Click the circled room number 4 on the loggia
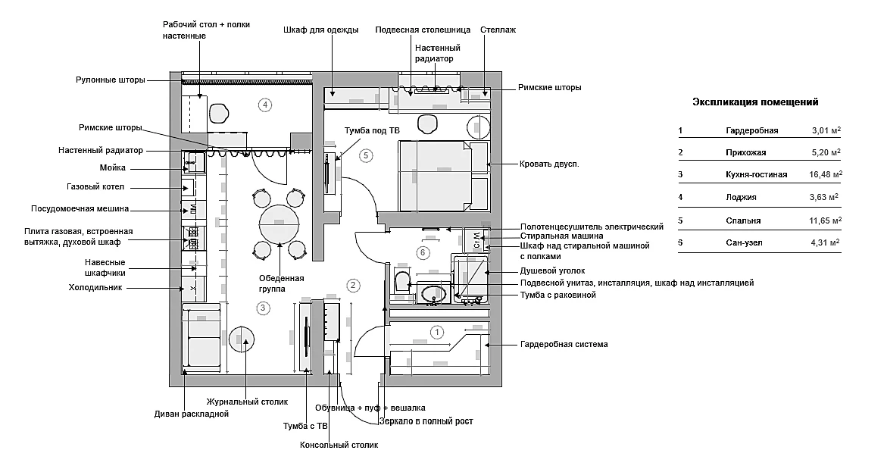[264, 105]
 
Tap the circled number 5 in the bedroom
[365, 155]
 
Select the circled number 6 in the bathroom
[423, 253]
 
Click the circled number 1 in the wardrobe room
[437, 332]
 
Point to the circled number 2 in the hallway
[353, 285]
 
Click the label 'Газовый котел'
[95, 186]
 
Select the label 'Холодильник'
[95, 287]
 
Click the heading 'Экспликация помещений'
[756, 102]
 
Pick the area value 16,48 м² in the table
[826, 174]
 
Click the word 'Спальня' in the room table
[743, 220]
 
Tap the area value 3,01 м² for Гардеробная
[826, 130]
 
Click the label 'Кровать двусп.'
[549, 164]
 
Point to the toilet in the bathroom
[402, 280]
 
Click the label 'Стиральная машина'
[562, 236]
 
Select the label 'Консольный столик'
[339, 445]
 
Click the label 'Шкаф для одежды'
[320, 30]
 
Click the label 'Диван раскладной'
[191, 414]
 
